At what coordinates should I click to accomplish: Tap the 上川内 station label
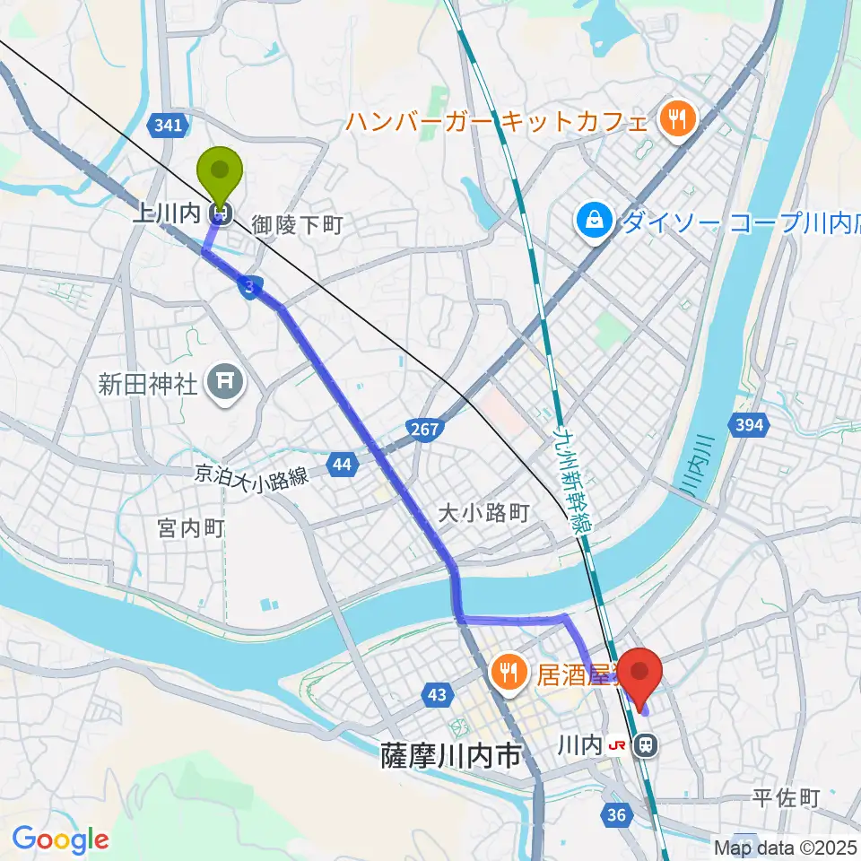pos(170,213)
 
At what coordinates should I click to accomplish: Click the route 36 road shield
pos(615,814)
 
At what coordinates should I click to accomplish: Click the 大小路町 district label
pos(484,514)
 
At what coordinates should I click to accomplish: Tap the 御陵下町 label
pos(297,224)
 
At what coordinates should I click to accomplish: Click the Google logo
pos(60,839)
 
